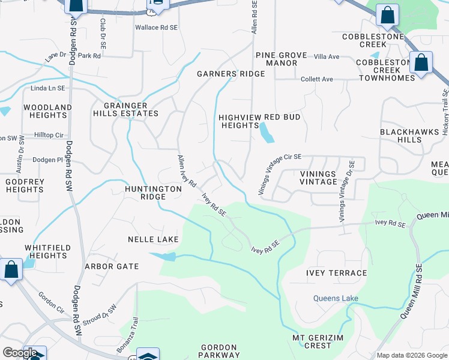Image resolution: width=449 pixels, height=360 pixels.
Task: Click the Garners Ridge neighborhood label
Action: (x=231, y=74)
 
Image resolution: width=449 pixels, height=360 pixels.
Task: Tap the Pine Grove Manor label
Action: (x=277, y=59)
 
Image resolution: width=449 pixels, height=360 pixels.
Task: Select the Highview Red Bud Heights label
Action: (x=259, y=121)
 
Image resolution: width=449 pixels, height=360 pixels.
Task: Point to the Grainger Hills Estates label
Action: (x=126, y=109)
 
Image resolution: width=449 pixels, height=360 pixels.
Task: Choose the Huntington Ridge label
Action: (x=152, y=193)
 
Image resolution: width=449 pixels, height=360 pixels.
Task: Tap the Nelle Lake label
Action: (x=153, y=239)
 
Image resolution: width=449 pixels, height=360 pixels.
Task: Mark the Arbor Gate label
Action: (x=112, y=266)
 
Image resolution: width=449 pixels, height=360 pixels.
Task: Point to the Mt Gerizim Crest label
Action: (x=320, y=341)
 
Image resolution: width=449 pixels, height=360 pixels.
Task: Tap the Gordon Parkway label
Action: (x=220, y=351)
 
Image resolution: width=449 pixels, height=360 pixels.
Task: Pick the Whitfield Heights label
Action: (x=48, y=251)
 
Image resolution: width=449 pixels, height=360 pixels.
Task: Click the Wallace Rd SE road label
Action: (x=156, y=28)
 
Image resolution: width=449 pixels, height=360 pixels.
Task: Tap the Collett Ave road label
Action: (x=317, y=79)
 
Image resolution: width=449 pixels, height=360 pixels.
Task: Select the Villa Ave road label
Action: (x=327, y=56)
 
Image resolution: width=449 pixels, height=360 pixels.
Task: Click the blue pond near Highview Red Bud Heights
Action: (x=267, y=133)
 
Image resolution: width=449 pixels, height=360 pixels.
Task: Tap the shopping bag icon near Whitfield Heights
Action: (x=11, y=269)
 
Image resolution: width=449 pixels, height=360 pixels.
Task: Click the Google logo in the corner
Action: (x=20, y=353)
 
